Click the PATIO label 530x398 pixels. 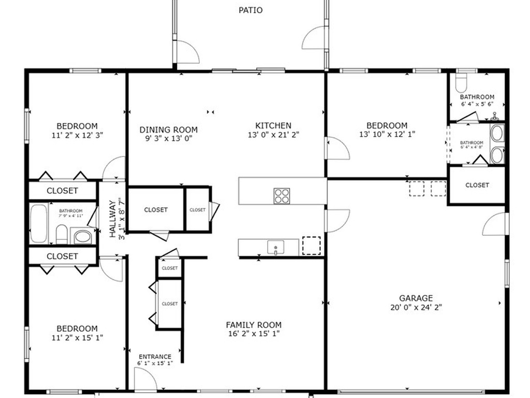tap(251, 10)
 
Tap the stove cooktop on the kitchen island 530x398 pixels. tap(282, 195)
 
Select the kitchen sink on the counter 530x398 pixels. tap(276, 247)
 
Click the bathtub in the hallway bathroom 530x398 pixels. tap(39, 224)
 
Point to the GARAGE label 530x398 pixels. tap(416, 298)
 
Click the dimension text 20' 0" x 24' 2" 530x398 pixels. tap(416, 307)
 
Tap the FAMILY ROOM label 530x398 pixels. tap(254, 325)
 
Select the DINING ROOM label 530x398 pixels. tap(169, 130)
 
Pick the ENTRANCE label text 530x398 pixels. tap(155, 357)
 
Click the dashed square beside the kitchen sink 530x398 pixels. tap(311, 246)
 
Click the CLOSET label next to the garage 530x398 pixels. tap(477, 185)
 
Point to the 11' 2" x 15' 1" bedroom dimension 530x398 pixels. tap(77, 337)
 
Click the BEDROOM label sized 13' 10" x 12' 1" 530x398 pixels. tap(387, 125)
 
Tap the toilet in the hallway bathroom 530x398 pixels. tap(62, 234)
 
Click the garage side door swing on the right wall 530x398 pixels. tap(495, 224)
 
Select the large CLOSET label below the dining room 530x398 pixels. tap(156, 210)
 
